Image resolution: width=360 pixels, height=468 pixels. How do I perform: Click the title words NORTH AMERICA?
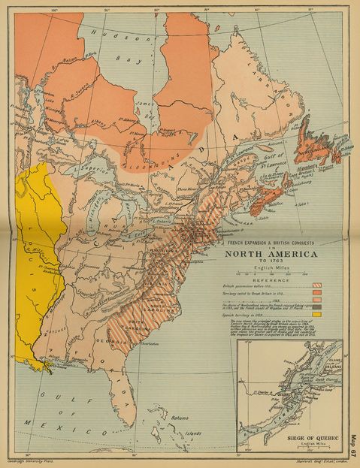point(270,253)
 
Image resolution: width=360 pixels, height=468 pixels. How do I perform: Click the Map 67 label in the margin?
point(354,444)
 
